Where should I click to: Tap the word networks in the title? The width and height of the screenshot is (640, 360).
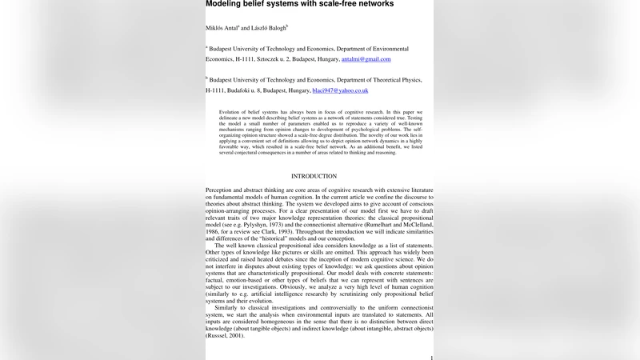click(371, 4)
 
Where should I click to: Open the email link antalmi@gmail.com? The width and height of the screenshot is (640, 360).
click(366, 59)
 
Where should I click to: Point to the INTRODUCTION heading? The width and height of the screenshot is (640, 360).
click(314, 176)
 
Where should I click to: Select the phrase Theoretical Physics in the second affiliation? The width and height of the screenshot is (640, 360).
click(393, 80)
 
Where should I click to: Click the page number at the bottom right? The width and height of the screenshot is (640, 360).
click(431, 358)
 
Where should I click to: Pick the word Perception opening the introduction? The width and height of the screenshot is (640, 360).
click(222, 190)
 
